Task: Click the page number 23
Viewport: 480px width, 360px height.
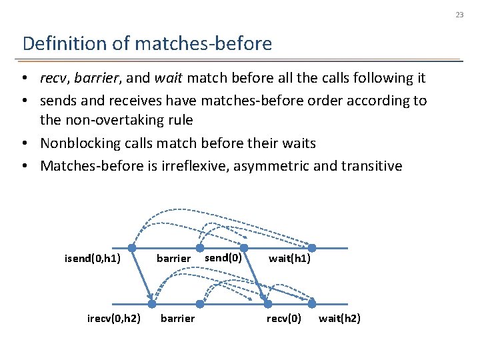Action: (460, 14)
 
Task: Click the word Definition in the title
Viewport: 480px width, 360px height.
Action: (55, 44)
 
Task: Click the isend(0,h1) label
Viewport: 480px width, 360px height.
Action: (92, 258)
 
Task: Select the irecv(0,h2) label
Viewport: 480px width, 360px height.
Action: (113, 318)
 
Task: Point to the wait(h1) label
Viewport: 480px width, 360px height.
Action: (289, 258)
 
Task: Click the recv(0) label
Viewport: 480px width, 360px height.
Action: (284, 318)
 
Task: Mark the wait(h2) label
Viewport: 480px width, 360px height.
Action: (339, 318)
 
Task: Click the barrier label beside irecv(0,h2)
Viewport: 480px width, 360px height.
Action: (178, 318)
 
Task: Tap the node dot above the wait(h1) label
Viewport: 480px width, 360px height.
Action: (311, 248)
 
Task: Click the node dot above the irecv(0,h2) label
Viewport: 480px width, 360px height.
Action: (153, 301)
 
